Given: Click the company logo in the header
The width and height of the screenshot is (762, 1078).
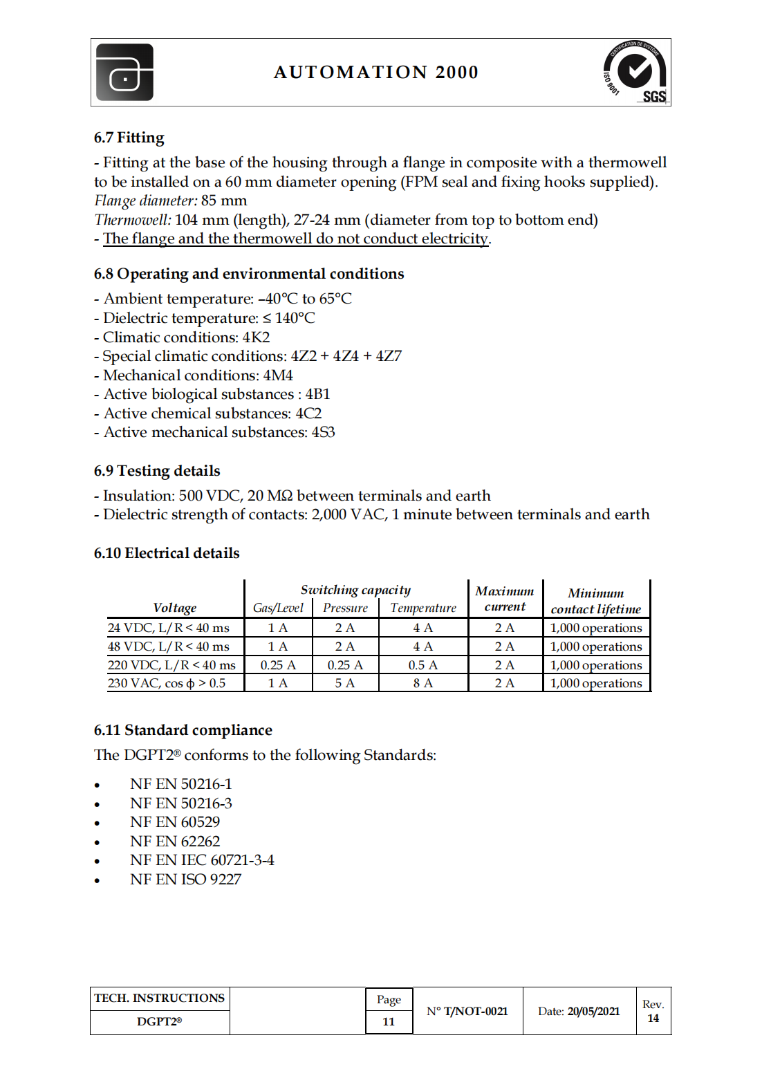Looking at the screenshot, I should (124, 73).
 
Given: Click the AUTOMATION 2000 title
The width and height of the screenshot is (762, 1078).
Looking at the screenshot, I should (375, 72).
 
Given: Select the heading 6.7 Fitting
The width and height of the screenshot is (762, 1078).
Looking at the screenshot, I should (129, 138).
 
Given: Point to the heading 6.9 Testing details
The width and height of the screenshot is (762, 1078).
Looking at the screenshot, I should (157, 471).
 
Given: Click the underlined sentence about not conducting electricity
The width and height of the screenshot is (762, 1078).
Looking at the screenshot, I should (296, 239).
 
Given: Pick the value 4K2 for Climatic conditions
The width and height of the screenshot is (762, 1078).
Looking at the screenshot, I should (256, 337).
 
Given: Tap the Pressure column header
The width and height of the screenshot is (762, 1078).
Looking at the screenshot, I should (345, 608).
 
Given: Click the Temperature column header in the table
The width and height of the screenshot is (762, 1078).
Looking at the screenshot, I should (423, 608).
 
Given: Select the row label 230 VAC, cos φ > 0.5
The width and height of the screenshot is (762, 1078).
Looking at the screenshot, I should (167, 683).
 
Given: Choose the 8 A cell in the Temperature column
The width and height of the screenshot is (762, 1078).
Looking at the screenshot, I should (423, 683).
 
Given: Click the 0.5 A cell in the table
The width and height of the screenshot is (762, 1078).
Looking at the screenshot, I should (423, 665).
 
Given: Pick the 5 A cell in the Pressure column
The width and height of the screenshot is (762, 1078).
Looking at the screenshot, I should (345, 683).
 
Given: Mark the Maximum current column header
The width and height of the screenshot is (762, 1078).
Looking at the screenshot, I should (505, 599).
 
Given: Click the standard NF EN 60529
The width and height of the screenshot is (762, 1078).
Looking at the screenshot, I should (175, 822).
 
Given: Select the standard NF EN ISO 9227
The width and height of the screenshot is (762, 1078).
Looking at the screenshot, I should (185, 880).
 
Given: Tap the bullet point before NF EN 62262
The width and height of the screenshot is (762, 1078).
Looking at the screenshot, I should (97, 842).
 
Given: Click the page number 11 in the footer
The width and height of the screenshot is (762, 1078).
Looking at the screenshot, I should (389, 1021).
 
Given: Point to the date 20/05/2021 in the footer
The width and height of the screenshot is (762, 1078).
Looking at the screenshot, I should (593, 1012).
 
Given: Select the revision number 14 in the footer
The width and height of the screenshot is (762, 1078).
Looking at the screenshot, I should (653, 1019).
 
